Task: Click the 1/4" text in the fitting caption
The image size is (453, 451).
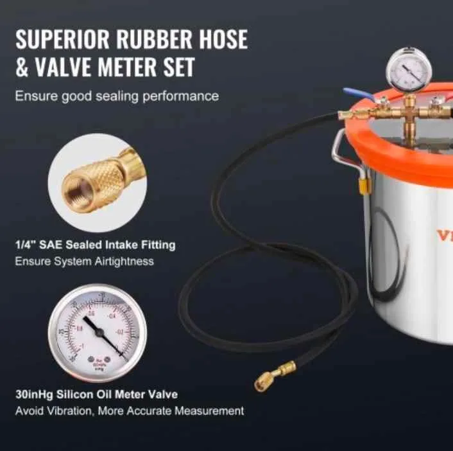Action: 25,245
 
